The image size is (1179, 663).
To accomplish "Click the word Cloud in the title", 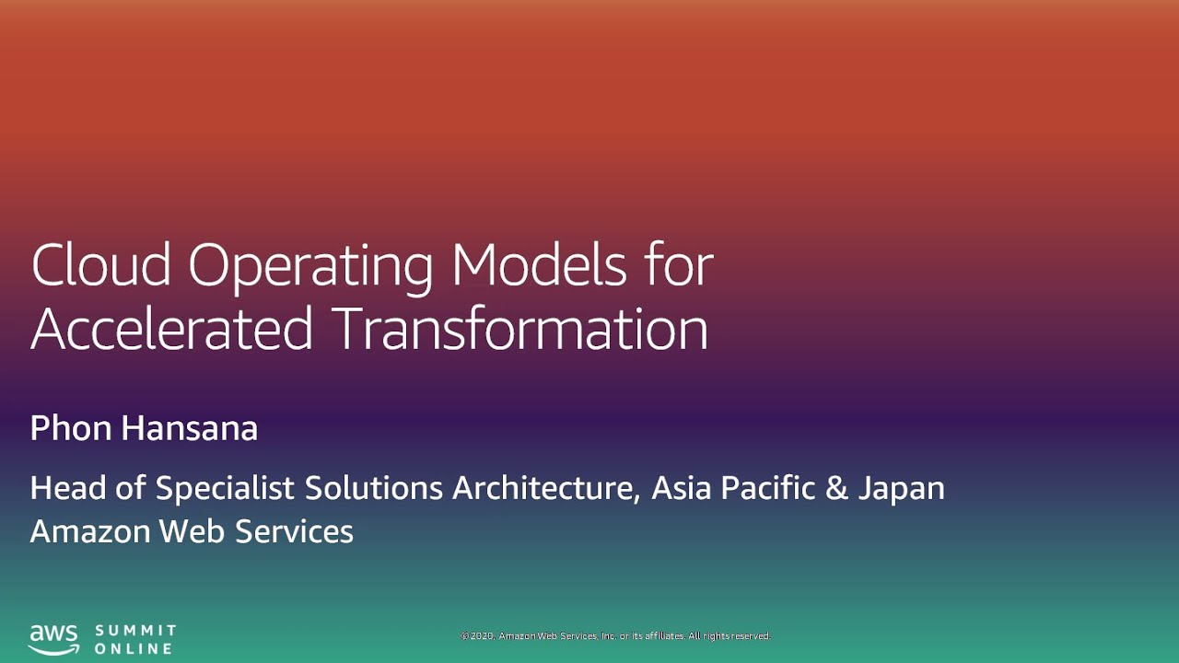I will (x=101, y=265).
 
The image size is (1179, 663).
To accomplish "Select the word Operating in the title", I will (x=310, y=267).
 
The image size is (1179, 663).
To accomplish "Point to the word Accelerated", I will (x=171, y=329).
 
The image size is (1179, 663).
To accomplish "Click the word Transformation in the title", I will (x=520, y=329).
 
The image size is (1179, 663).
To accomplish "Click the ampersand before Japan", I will (x=836, y=488).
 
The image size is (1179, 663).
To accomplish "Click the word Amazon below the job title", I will (x=89, y=531).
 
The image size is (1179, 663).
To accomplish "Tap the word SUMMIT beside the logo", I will (x=135, y=631).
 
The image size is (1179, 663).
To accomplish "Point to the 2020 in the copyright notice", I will (x=484, y=636).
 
